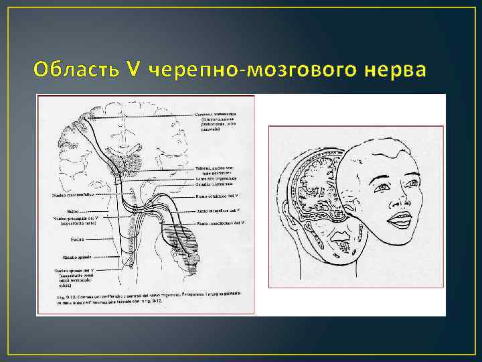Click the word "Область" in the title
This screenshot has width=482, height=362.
[67, 69]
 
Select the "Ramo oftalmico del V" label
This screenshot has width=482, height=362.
[218, 196]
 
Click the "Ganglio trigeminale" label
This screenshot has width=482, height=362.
[215, 183]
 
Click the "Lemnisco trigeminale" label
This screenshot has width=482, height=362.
[215, 178]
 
